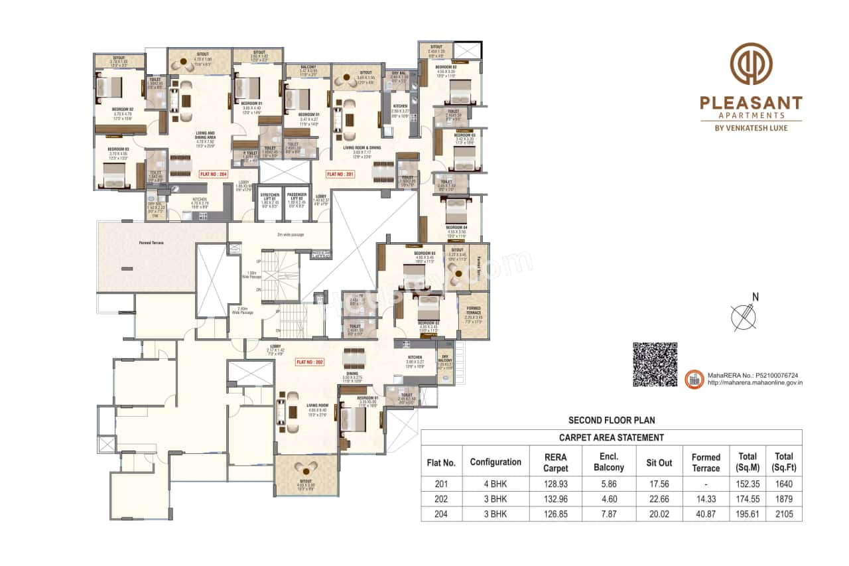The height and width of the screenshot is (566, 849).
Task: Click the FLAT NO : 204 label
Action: click(214, 175)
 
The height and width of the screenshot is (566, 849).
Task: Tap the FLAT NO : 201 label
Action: click(340, 175)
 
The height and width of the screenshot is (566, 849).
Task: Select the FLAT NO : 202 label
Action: click(309, 362)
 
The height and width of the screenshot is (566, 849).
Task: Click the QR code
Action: click(655, 365)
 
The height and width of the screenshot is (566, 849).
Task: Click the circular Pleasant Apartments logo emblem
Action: click(751, 64)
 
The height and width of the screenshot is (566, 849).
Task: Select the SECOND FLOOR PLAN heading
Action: click(611, 420)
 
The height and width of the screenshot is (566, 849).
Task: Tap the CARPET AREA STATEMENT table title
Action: click(611, 437)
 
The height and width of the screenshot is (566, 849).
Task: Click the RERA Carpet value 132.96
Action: click(556, 499)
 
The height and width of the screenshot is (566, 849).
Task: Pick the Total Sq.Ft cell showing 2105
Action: click(783, 514)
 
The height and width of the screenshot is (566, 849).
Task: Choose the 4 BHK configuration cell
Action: click(495, 484)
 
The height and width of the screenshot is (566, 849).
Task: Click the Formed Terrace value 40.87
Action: click(705, 514)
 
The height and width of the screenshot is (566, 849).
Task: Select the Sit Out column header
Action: click(659, 462)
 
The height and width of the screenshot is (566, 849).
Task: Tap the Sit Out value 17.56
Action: click(659, 484)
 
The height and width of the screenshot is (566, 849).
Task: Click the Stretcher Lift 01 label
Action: click(269, 197)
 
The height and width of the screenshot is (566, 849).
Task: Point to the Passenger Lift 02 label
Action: click(296, 197)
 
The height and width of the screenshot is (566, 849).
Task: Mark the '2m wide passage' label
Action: click(291, 234)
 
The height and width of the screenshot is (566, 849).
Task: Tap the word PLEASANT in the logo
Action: click(751, 104)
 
